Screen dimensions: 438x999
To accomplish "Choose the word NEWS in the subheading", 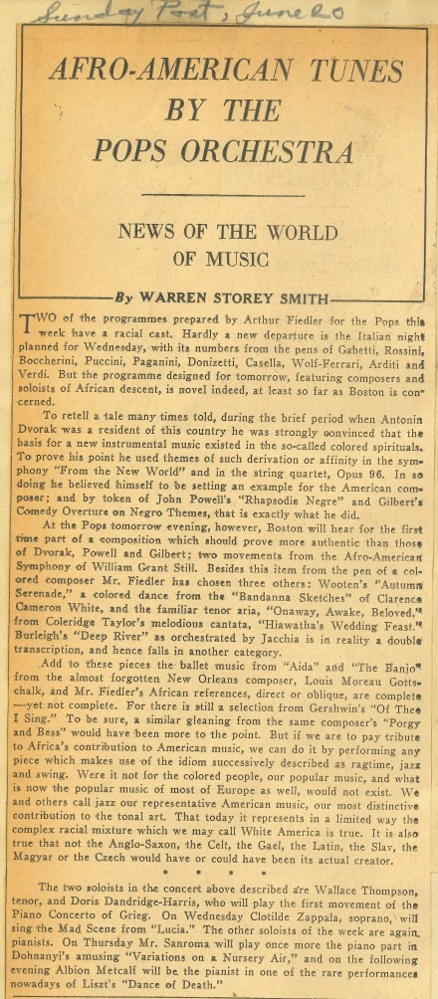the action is [x=146, y=232].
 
